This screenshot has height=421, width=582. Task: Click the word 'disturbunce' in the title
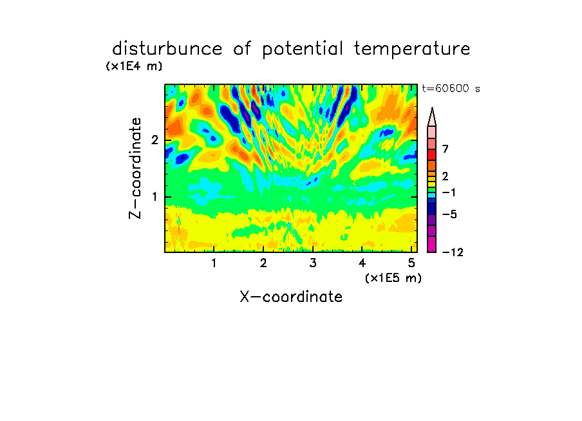(x=167, y=49)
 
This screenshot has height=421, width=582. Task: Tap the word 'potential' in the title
(x=303, y=50)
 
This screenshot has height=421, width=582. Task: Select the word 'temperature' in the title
(x=412, y=50)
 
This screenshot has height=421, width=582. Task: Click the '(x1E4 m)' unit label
(x=134, y=66)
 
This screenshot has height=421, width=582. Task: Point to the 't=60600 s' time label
(x=451, y=88)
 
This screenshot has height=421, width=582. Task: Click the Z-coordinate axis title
(x=135, y=168)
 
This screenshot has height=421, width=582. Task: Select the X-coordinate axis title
(x=291, y=297)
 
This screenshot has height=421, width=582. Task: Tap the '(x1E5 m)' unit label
(x=393, y=278)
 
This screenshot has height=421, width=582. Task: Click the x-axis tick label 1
(x=214, y=263)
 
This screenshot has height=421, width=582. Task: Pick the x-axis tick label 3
(x=313, y=263)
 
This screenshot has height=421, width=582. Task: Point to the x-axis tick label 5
(x=411, y=263)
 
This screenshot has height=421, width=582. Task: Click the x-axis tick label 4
(x=362, y=263)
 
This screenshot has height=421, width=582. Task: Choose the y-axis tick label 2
(x=155, y=140)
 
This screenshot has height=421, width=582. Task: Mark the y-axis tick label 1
(x=155, y=197)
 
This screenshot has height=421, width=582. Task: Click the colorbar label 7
(x=446, y=149)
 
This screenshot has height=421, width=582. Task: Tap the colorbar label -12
(x=453, y=252)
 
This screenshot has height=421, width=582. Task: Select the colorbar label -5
(x=449, y=214)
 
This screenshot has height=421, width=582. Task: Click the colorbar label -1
(x=449, y=192)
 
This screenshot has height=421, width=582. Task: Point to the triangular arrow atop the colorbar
(x=432, y=117)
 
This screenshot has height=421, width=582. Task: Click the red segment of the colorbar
(x=432, y=154)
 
